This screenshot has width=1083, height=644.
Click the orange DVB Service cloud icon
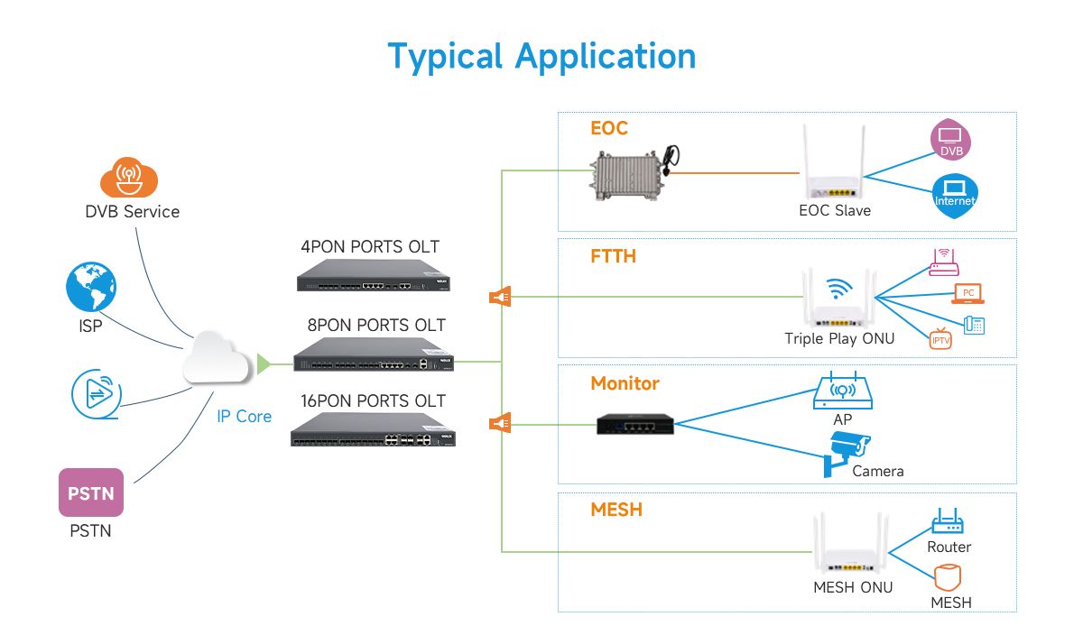coord(129,176)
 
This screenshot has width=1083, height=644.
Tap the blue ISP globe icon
coord(91,288)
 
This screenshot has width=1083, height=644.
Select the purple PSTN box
coord(90,492)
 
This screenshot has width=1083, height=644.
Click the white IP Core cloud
coord(218,362)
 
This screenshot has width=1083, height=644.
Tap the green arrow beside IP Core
coord(264,363)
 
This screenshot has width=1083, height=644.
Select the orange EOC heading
coord(609,128)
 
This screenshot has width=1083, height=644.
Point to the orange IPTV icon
coord(941,338)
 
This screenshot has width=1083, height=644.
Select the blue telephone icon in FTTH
coord(974,325)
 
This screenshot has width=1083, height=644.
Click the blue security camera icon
coord(846,452)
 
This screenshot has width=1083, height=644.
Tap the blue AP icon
coord(843,390)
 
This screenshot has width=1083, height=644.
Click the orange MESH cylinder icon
coord(947,576)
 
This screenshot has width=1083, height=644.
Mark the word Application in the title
coord(606,56)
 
